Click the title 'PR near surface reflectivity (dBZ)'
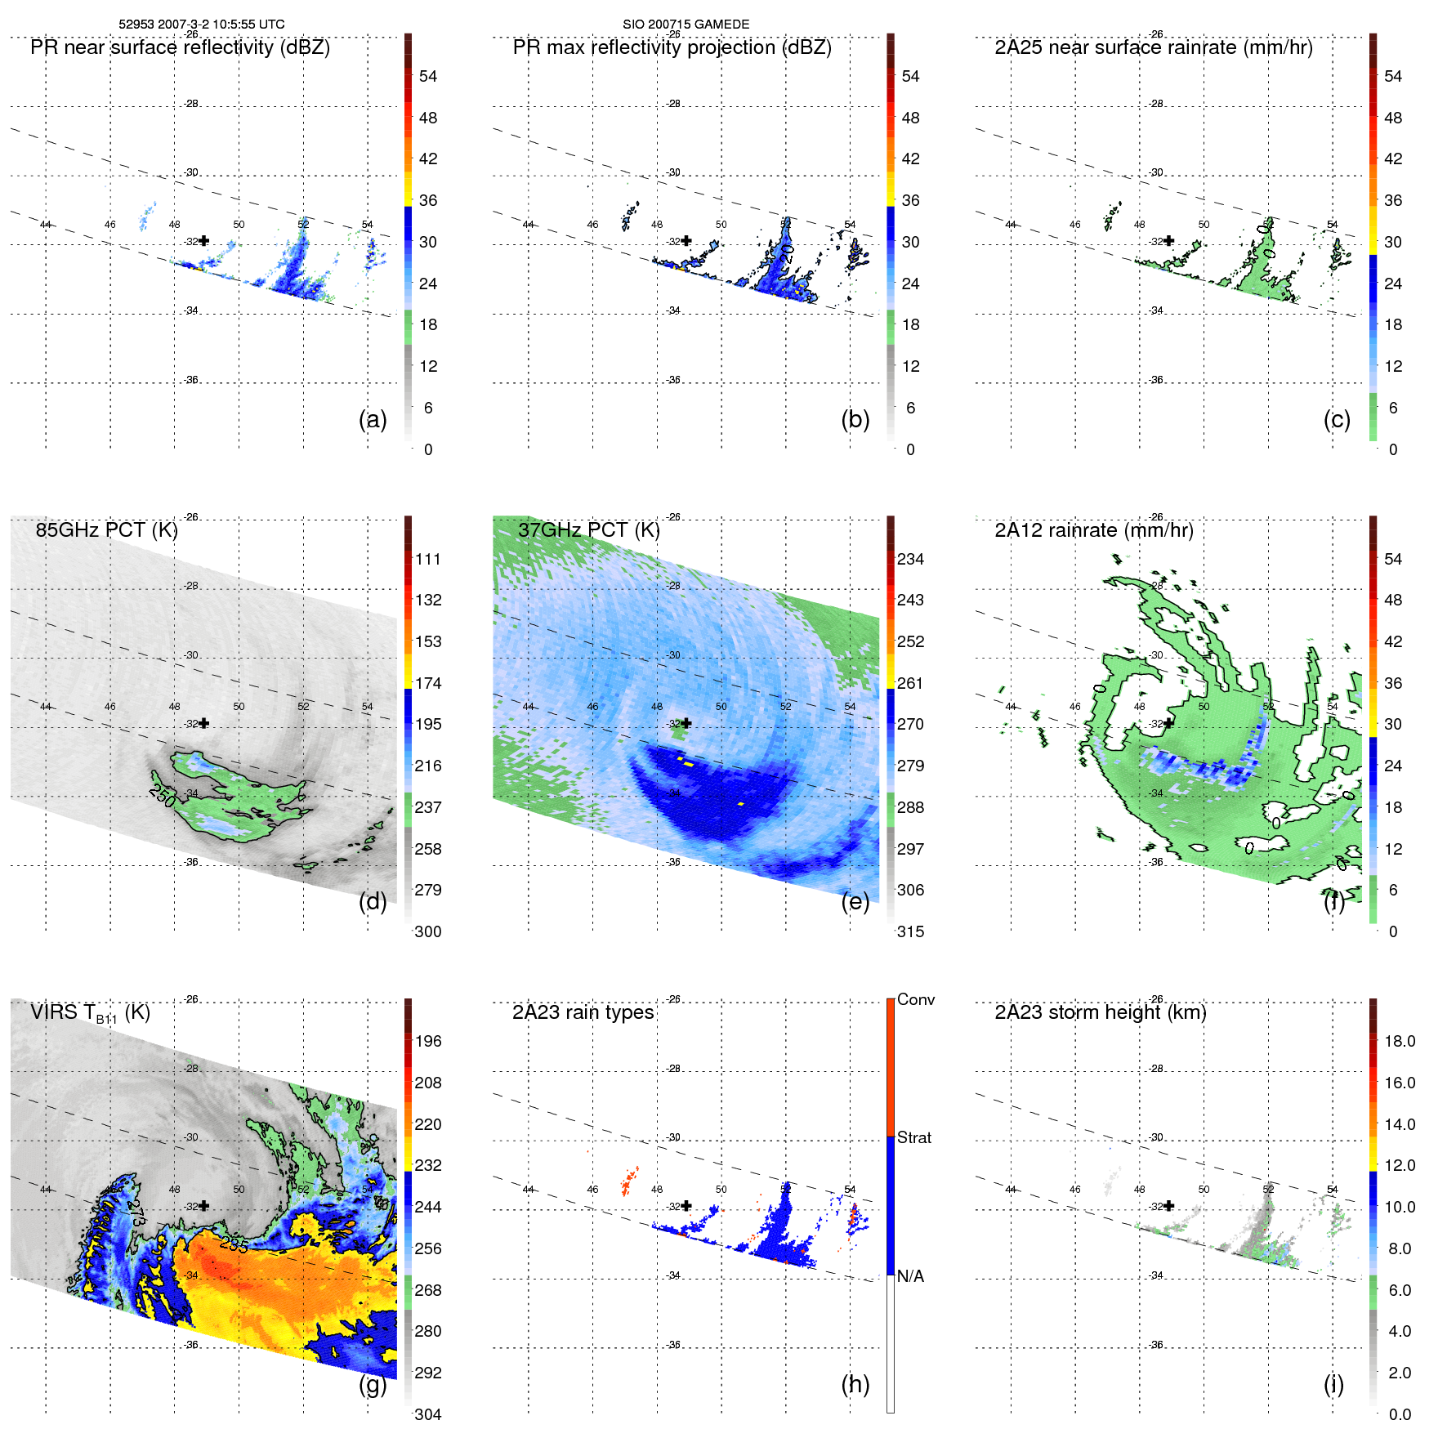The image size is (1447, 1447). tap(180, 47)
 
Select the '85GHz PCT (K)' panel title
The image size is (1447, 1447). tap(106, 530)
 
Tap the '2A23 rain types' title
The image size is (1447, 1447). tap(583, 1012)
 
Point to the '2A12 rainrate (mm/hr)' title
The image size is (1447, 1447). tap(1093, 530)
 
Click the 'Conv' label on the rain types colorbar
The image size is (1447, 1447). tap(915, 999)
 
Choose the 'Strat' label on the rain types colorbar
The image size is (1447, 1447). tap(913, 1137)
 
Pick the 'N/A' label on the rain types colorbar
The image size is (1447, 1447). tap(910, 1276)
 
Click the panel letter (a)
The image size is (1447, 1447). tap(373, 419)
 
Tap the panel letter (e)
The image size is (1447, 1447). tap(855, 901)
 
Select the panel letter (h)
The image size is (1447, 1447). tap(855, 1384)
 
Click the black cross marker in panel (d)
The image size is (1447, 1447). tap(204, 723)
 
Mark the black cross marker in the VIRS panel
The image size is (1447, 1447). tap(204, 1206)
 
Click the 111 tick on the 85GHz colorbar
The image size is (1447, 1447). tap(427, 559)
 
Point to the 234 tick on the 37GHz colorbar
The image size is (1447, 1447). tap(910, 559)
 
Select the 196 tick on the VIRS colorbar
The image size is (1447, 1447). tap(427, 1041)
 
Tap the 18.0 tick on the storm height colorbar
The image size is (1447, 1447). tap(1399, 1041)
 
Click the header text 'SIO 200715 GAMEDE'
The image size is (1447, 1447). tap(686, 25)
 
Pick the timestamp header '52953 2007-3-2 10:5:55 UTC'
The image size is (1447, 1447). tap(202, 25)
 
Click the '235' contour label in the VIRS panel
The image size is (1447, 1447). tap(234, 1244)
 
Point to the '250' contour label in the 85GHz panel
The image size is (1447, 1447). tap(163, 795)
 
